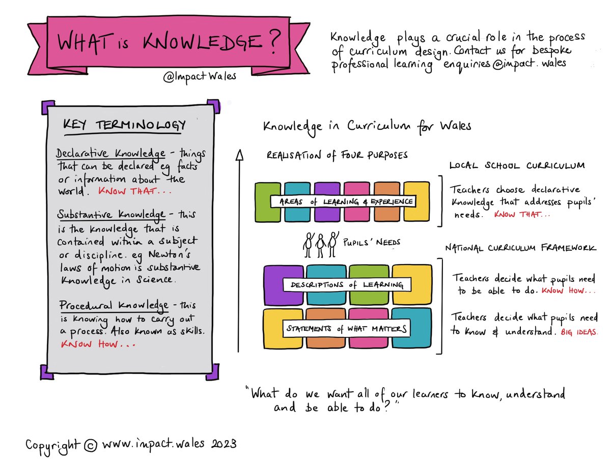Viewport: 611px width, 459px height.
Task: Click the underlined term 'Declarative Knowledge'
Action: (x=110, y=154)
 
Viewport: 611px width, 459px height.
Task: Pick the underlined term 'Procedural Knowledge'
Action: (x=113, y=306)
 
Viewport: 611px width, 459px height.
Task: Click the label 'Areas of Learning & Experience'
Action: (x=343, y=202)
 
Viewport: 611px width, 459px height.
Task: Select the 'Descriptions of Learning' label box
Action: (x=346, y=284)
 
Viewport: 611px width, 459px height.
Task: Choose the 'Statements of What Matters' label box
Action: (x=347, y=328)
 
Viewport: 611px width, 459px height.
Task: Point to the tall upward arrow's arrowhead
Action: (x=238, y=154)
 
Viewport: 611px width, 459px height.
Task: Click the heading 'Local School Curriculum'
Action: (x=517, y=166)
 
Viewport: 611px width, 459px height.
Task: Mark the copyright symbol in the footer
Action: (x=90, y=445)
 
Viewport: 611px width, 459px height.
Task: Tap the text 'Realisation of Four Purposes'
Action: (x=337, y=156)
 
